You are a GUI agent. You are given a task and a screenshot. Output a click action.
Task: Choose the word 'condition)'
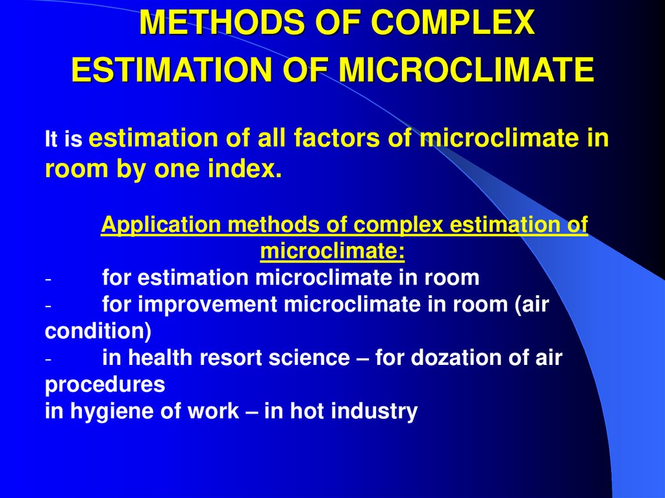coord(97,331)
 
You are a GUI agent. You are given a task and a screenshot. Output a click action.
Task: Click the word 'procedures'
coord(105,384)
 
